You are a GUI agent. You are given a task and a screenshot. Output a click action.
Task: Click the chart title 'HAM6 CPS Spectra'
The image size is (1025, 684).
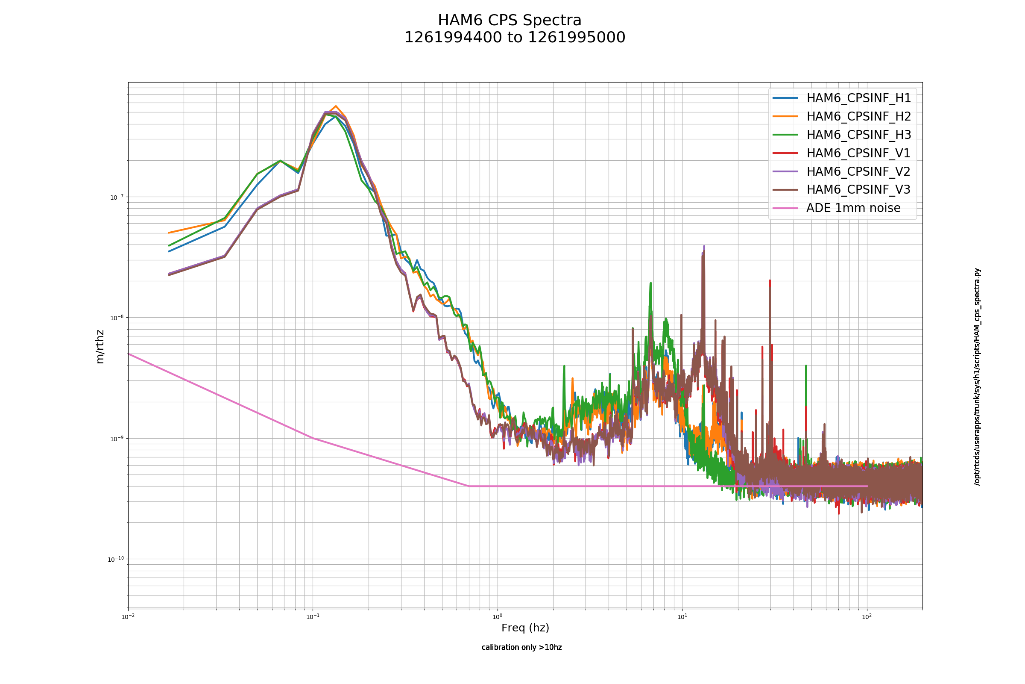pyautogui.click(x=510, y=21)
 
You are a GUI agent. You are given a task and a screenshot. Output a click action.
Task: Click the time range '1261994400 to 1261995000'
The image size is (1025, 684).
pyautogui.click(x=515, y=38)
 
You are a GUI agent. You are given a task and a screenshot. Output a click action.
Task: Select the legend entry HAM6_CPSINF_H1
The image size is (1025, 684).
pyautogui.click(x=841, y=98)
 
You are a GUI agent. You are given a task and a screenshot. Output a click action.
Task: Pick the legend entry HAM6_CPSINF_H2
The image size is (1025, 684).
pyautogui.click(x=841, y=116)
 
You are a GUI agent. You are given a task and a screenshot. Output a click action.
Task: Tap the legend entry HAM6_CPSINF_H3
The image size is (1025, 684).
pyautogui.click(x=841, y=135)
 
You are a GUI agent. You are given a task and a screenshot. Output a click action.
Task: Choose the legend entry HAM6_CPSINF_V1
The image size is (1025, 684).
pyautogui.click(x=841, y=153)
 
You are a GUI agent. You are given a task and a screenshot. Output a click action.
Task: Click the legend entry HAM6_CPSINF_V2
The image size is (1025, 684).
pyautogui.click(x=841, y=171)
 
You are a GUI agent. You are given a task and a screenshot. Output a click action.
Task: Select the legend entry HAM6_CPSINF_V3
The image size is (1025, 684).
pyautogui.click(x=841, y=189)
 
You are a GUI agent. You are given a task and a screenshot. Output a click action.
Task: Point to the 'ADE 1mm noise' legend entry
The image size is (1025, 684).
pyautogui.click(x=836, y=208)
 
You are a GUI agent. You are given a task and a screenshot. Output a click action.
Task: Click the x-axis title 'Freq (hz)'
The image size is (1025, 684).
pyautogui.click(x=525, y=628)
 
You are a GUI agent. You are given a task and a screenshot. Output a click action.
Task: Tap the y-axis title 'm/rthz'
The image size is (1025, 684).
pyautogui.click(x=100, y=347)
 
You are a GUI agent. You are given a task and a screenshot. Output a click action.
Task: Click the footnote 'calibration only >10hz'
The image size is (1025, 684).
pyautogui.click(x=521, y=647)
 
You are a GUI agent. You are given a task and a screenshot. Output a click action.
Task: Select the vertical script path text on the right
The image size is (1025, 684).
pyautogui.click(x=978, y=377)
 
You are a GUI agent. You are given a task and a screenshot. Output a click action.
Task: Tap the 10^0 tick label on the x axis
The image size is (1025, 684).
pyautogui.click(x=497, y=617)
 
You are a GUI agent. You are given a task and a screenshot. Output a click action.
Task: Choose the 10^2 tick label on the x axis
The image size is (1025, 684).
pyautogui.click(x=867, y=617)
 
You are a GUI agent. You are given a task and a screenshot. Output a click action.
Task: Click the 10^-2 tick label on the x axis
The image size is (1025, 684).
pyautogui.click(x=128, y=617)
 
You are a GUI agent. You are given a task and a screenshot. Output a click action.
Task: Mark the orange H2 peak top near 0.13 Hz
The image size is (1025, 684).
pyautogui.click(x=336, y=106)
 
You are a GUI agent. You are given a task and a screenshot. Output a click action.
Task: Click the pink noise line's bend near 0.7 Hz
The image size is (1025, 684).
pyautogui.click(x=469, y=486)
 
